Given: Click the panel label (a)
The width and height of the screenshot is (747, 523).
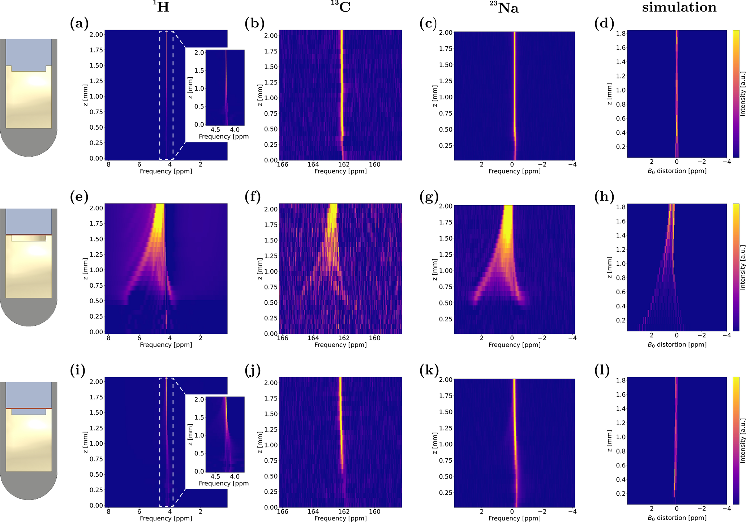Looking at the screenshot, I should pyautogui.click(x=79, y=23).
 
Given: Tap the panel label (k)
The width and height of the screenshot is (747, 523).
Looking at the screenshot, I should pyautogui.click(x=429, y=370).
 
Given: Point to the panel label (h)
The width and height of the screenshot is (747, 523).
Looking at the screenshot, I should pyautogui.click(x=604, y=197).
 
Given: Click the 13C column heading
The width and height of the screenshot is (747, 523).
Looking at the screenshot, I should pyautogui.click(x=340, y=7).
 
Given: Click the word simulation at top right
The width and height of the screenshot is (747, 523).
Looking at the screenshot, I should pyautogui.click(x=679, y=7).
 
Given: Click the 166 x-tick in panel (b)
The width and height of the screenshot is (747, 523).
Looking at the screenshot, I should pyautogui.click(x=283, y=165).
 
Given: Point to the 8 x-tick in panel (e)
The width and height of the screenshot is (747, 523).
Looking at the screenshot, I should pyautogui.click(x=108, y=338).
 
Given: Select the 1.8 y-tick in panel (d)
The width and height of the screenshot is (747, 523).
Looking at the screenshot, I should pyautogui.click(x=621, y=34).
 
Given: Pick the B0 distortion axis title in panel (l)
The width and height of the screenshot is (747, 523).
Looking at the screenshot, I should pyautogui.click(x=677, y=518).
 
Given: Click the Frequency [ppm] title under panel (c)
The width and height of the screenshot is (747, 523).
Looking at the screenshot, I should pyautogui.click(x=514, y=171).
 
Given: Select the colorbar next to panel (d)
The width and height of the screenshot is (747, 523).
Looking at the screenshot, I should pyautogui.click(x=736, y=94).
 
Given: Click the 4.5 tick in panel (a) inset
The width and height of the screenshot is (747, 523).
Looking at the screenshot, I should pyautogui.click(x=215, y=129).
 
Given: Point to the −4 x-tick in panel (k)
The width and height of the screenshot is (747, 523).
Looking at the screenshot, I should pyautogui.click(x=572, y=511).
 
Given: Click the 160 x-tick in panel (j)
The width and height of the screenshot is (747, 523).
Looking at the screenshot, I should pyautogui.click(x=375, y=511).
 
